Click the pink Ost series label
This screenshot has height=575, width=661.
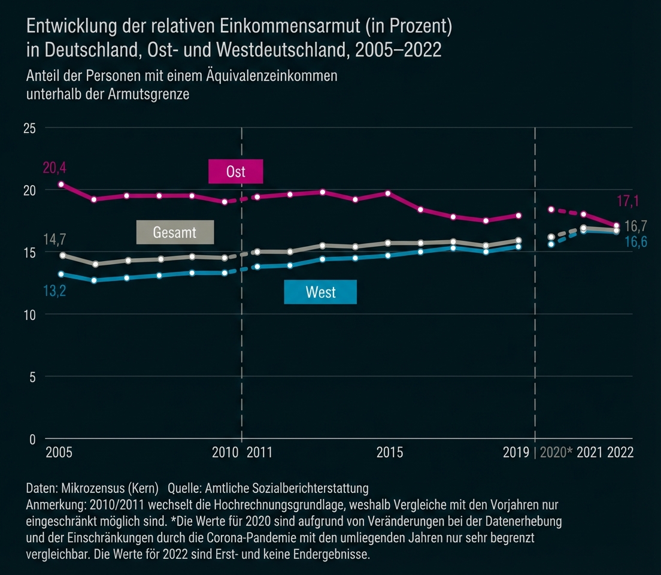235,172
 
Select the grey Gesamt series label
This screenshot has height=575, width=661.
175,232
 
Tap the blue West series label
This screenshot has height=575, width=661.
320,292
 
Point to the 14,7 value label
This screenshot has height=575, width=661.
54,240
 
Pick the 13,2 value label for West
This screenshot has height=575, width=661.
54,292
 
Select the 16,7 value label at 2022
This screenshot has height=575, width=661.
635,226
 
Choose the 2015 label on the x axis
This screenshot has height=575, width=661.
390,452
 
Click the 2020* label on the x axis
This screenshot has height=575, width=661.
556,452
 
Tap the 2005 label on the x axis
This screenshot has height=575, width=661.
59,452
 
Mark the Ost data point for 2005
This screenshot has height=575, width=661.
61,184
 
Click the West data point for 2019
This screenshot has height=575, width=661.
519,246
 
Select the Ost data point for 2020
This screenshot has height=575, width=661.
551,210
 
